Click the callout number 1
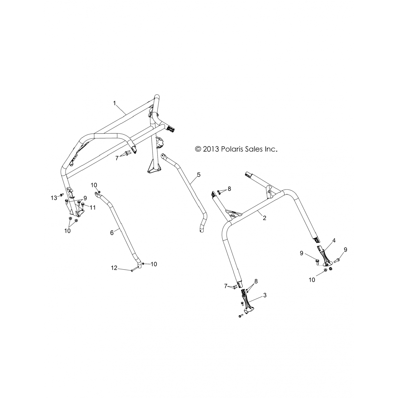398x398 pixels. [115, 103]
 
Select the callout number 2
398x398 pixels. [264, 218]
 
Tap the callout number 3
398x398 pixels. [265, 295]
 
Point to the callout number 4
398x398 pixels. [334, 241]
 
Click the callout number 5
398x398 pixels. [199, 175]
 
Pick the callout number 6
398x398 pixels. [112, 232]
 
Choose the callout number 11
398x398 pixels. [92, 207]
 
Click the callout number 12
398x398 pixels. [114, 268]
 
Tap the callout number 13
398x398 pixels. [54, 198]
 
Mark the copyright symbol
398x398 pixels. [198, 149]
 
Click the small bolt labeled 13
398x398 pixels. [61, 195]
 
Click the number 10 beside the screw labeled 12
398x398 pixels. [154, 264]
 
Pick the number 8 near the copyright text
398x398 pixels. [229, 189]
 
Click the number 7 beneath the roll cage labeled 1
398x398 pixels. [117, 158]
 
